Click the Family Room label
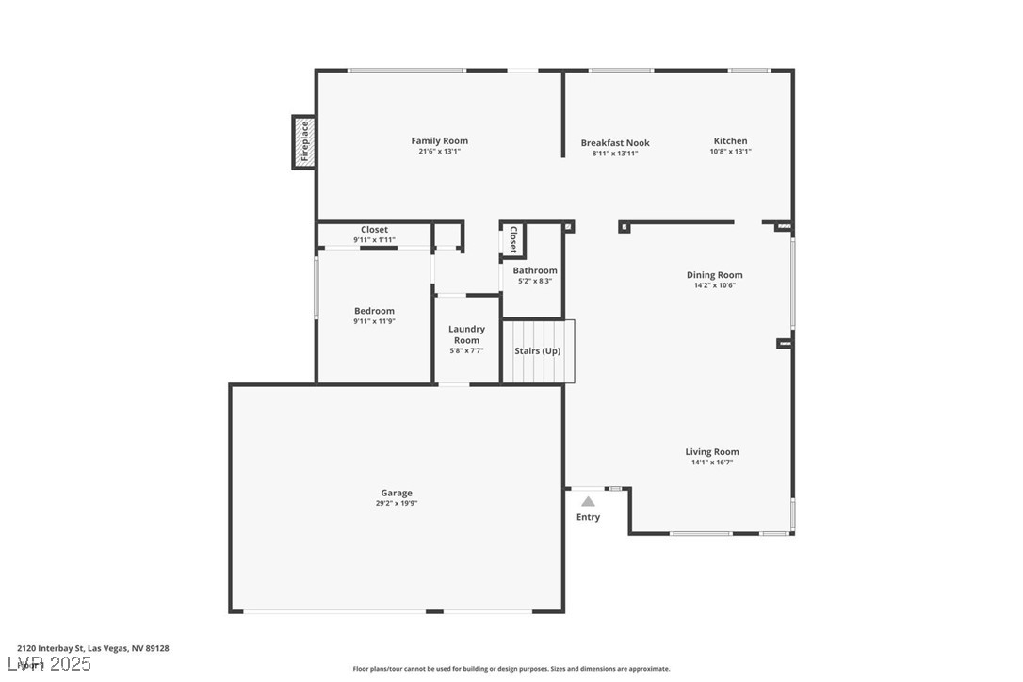click(439, 141)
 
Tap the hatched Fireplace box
click(303, 142)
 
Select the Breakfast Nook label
click(615, 143)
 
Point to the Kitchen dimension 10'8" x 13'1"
click(730, 152)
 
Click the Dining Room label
click(714, 275)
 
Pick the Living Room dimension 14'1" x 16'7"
click(711, 463)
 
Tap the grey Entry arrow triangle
click(588, 502)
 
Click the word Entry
click(588, 517)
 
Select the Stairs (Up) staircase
click(538, 351)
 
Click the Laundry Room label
click(466, 334)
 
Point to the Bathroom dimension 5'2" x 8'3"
click(534, 281)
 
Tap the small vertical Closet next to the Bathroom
click(513, 239)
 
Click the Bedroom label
click(374, 311)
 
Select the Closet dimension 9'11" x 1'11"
click(374, 240)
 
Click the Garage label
click(397, 493)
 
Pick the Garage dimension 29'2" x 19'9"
click(397, 504)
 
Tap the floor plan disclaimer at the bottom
click(511, 669)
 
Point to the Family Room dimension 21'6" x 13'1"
click(439, 152)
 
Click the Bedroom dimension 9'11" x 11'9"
click(374, 321)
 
